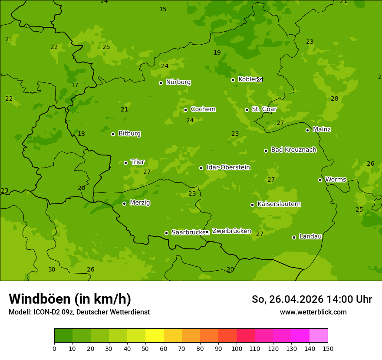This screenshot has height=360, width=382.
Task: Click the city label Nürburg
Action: pyautogui.click(x=178, y=82)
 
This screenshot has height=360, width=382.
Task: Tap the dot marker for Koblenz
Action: pyautogui.click(x=233, y=80)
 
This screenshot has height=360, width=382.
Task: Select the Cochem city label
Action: pyautogui.click(x=203, y=109)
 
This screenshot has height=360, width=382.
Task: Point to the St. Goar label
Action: pyautogui.click(x=264, y=109)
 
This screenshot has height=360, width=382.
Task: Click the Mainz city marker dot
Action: pyautogui.click(x=307, y=130)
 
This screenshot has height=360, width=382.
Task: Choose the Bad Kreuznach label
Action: pyautogui.click(x=293, y=150)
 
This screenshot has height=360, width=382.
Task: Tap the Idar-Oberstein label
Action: pyautogui.click(x=228, y=167)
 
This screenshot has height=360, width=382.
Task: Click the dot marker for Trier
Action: pyautogui.click(x=125, y=163)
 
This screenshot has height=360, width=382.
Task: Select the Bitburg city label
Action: pyautogui.click(x=129, y=134)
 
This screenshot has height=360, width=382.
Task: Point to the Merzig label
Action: pyautogui.click(x=140, y=203)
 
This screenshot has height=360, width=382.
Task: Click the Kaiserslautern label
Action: pyautogui.click(x=279, y=204)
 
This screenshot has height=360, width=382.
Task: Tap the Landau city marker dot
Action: pyautogui.click(x=294, y=237)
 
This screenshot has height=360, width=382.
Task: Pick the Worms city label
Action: pyautogui.click(x=336, y=180)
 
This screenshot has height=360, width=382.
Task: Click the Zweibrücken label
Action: pyautogui.click(x=231, y=231)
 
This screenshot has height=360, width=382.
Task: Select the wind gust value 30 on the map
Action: pyautogui.click(x=52, y=270)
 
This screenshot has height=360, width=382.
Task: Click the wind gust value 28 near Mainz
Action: pyautogui.click(x=334, y=99)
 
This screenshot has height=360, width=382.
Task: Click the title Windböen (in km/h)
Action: pyautogui.click(x=70, y=299)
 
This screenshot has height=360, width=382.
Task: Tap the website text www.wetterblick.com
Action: pyautogui.click(x=313, y=312)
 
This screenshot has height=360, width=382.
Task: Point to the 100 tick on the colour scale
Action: pyautogui.click(x=237, y=348)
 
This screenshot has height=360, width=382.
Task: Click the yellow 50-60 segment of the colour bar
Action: pyautogui.click(x=155, y=336)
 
